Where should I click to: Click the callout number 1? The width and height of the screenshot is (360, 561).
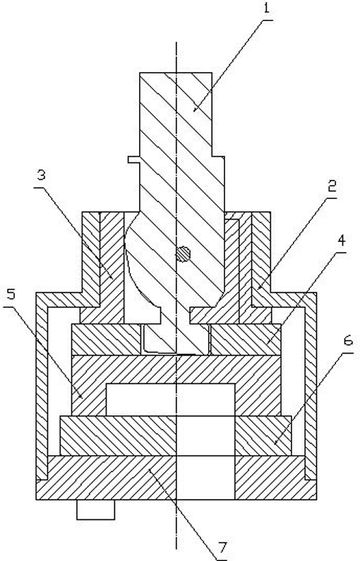(266, 8)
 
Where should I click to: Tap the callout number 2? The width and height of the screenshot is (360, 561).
(332, 186)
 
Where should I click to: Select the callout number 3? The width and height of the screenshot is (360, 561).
(42, 176)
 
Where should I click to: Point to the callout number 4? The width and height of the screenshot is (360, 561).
(342, 241)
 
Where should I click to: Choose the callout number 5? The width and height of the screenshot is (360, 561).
(11, 295)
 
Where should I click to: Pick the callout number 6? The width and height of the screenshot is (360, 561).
(347, 341)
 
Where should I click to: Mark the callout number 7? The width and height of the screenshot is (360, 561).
(222, 548)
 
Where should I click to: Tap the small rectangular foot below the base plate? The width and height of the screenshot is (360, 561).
(96, 509)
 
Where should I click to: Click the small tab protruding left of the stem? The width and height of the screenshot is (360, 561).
(134, 159)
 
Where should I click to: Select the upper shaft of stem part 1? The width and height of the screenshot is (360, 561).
(176, 114)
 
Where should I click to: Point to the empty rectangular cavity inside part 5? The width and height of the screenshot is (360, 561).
(171, 399)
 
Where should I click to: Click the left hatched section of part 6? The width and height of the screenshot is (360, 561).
(119, 436)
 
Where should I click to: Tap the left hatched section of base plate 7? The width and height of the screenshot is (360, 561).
(107, 478)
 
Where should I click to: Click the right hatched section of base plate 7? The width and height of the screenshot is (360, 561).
(275, 478)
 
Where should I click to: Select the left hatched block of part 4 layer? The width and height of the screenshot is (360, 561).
(106, 339)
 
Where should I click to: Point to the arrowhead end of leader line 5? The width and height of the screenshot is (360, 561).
(82, 397)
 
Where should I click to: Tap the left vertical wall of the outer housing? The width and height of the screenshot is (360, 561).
(42, 386)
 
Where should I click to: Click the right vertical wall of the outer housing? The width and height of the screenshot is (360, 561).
(311, 386)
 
